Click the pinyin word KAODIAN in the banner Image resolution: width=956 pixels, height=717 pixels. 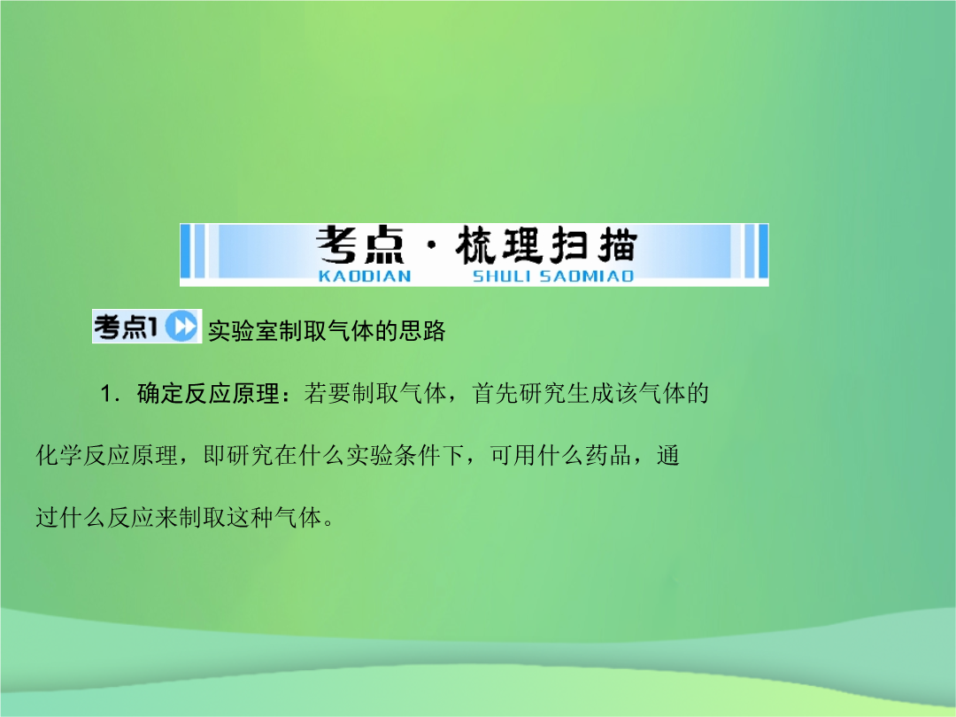tap(365, 276)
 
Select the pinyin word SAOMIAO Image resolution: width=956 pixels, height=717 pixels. tap(587, 276)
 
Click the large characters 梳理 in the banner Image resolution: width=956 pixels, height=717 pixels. tap(498, 245)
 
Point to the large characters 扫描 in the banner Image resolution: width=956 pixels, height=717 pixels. tap(593, 245)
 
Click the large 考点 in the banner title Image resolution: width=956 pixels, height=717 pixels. tap(360, 245)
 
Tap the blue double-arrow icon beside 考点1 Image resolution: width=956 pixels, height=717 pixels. tap(181, 326)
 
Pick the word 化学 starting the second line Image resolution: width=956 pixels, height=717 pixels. tap(59, 456)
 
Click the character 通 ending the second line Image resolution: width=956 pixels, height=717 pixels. tap(668, 456)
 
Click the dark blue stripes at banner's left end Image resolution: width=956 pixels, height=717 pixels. tap(193, 251)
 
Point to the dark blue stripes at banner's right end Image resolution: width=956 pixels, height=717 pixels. tap(756, 251)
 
